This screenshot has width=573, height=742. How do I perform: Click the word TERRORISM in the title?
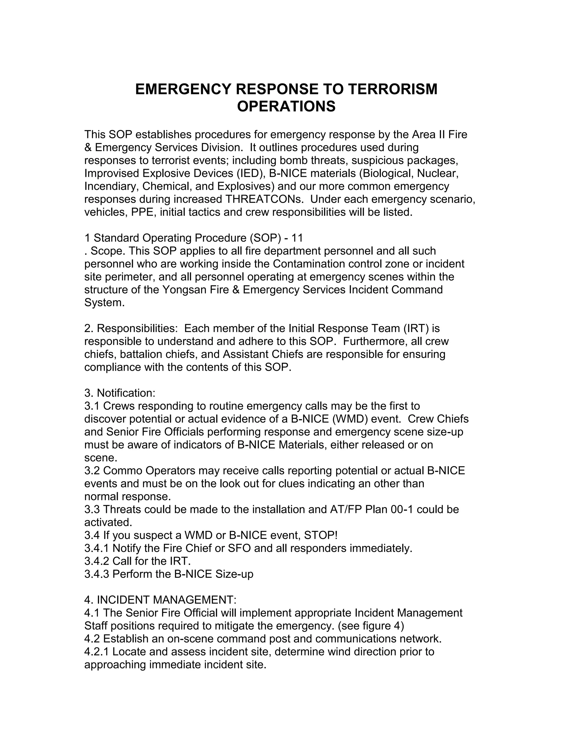[393, 89]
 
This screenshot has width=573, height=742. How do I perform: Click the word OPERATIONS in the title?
[286, 106]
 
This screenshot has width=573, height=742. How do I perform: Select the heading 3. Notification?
[120, 393]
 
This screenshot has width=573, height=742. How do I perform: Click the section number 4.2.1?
[97, 652]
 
